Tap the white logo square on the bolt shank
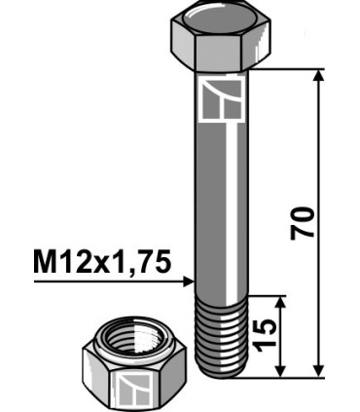click(x=223, y=98)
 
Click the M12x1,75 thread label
click(x=102, y=262)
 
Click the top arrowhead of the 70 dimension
click(x=319, y=76)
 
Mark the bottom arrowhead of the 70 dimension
click(x=319, y=369)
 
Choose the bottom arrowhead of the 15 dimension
click(x=283, y=369)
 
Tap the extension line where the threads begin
click(x=268, y=294)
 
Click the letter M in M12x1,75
click(x=47, y=262)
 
